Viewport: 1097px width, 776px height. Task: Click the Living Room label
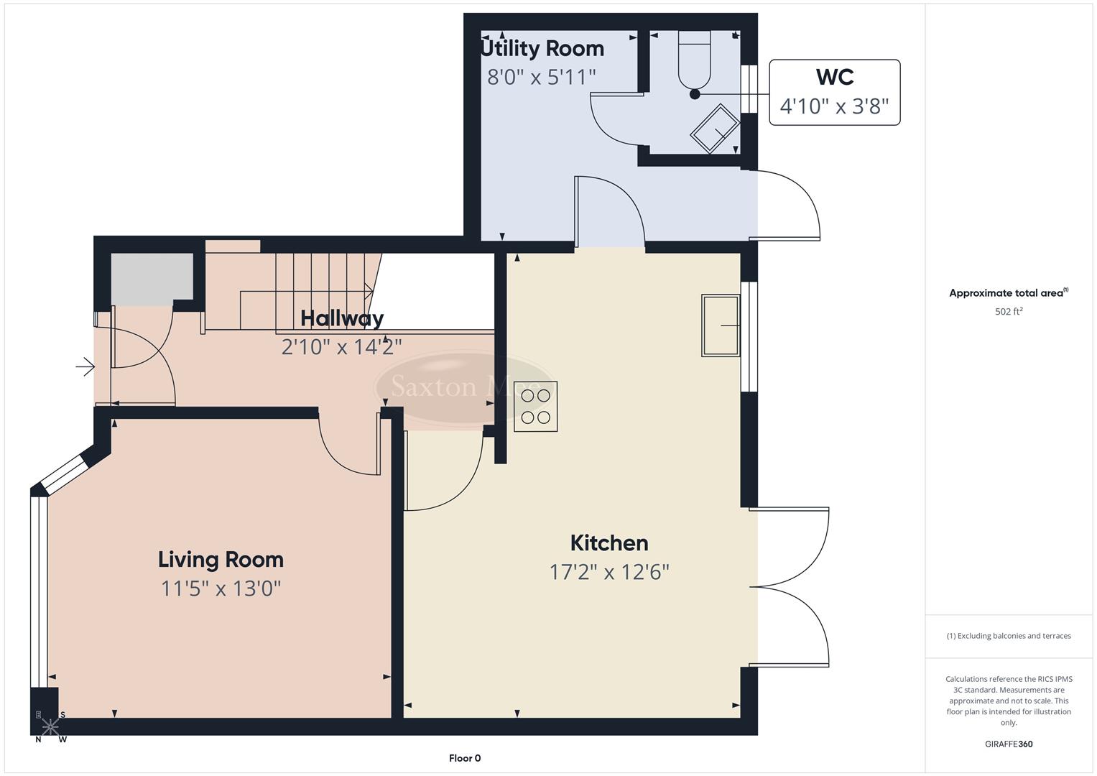(x=221, y=559)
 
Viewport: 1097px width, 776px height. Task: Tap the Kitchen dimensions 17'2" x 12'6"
(x=609, y=572)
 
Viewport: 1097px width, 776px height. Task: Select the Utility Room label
(x=542, y=48)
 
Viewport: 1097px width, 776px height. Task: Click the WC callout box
(x=834, y=92)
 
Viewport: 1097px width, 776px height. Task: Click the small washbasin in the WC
(x=715, y=129)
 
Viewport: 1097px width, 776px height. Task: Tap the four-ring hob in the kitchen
(x=535, y=406)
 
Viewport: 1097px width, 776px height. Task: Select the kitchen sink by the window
(x=721, y=325)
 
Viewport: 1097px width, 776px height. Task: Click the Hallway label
(x=342, y=318)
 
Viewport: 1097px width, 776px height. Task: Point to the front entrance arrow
(x=85, y=367)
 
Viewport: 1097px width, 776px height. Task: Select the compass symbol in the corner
(x=50, y=726)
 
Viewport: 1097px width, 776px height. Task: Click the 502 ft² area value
(x=1008, y=312)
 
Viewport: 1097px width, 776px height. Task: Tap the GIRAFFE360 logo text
(x=1008, y=744)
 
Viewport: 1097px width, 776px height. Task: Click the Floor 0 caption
(x=464, y=758)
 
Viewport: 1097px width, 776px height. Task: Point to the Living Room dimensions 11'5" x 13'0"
(x=221, y=588)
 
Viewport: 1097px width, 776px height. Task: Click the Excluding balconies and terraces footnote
(x=1008, y=636)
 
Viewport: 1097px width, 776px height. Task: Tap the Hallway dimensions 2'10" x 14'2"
(x=341, y=347)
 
